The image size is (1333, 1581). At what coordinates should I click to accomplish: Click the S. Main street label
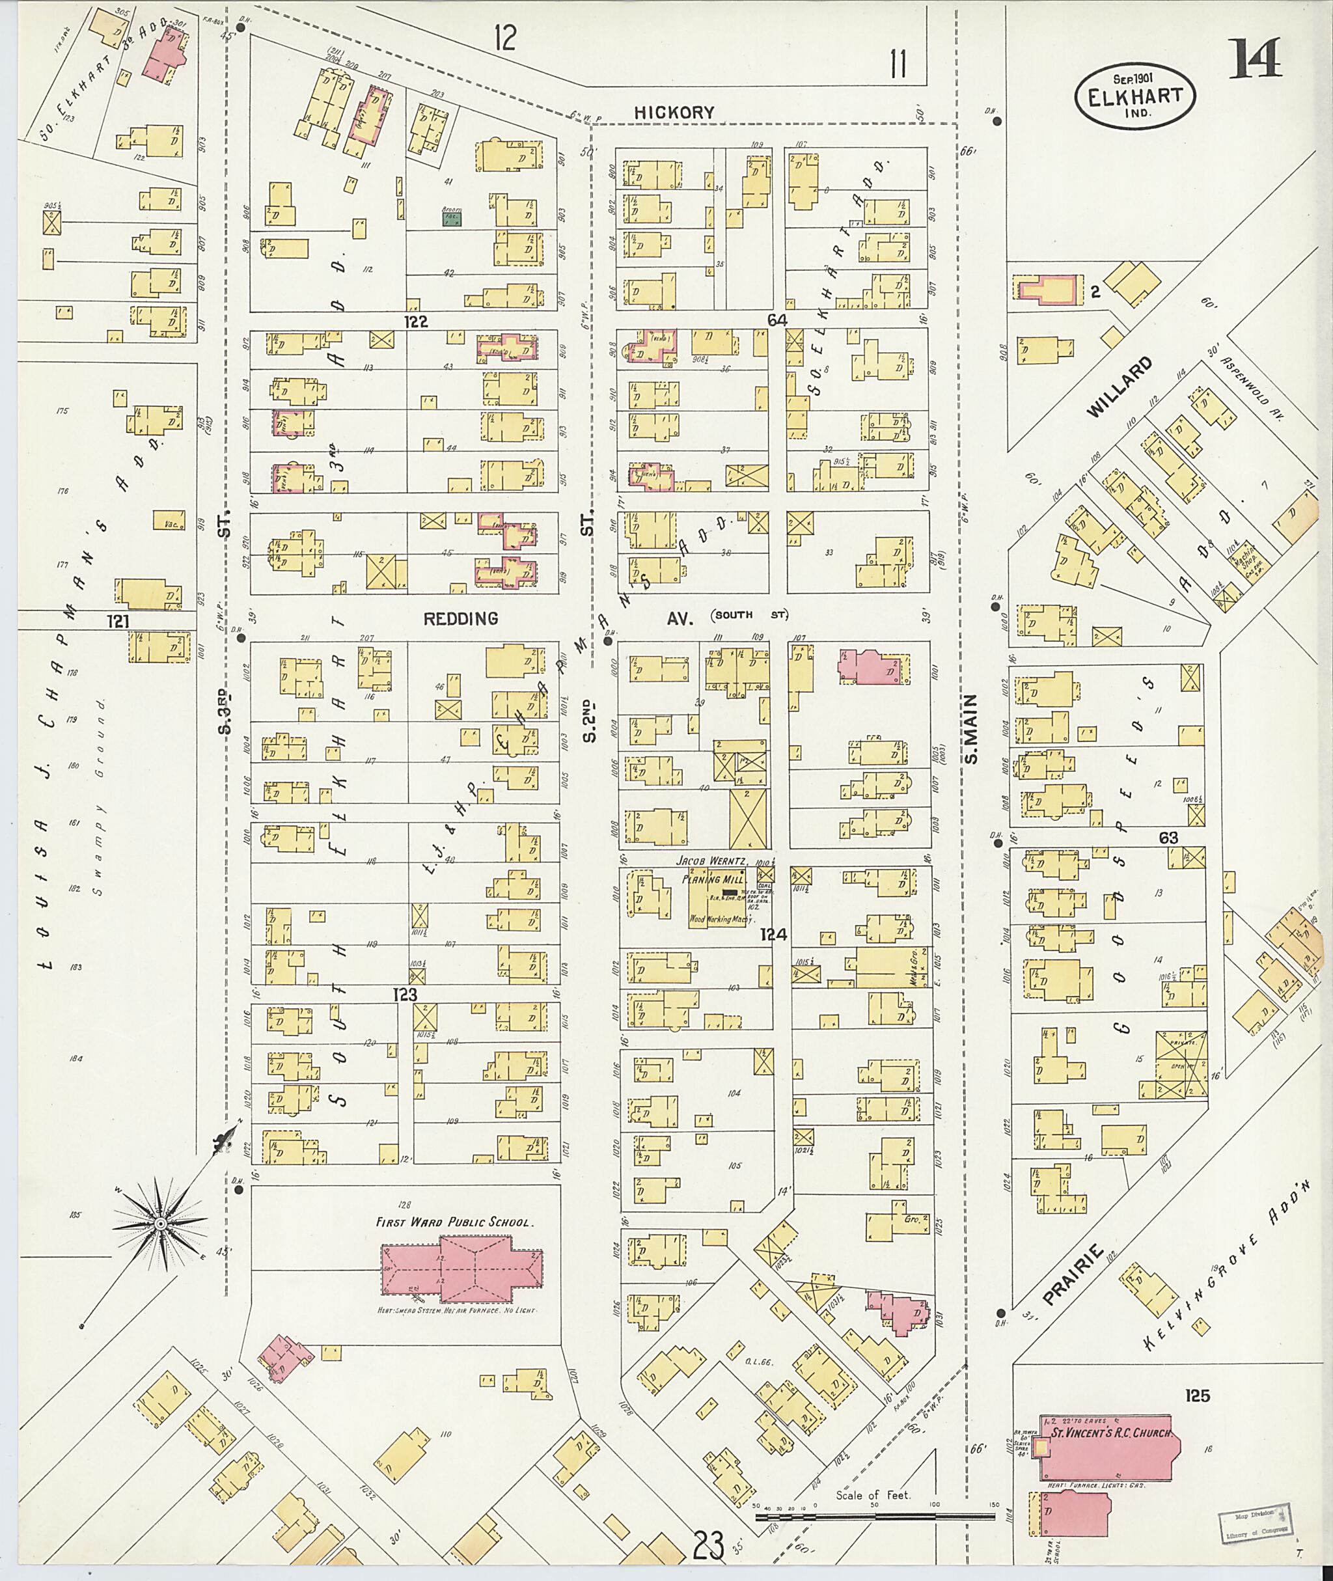click(970, 729)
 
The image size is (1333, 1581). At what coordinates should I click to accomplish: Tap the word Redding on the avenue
click(460, 619)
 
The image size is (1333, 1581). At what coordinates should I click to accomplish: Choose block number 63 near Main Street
click(1168, 837)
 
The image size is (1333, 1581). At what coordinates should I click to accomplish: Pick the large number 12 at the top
click(505, 37)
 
